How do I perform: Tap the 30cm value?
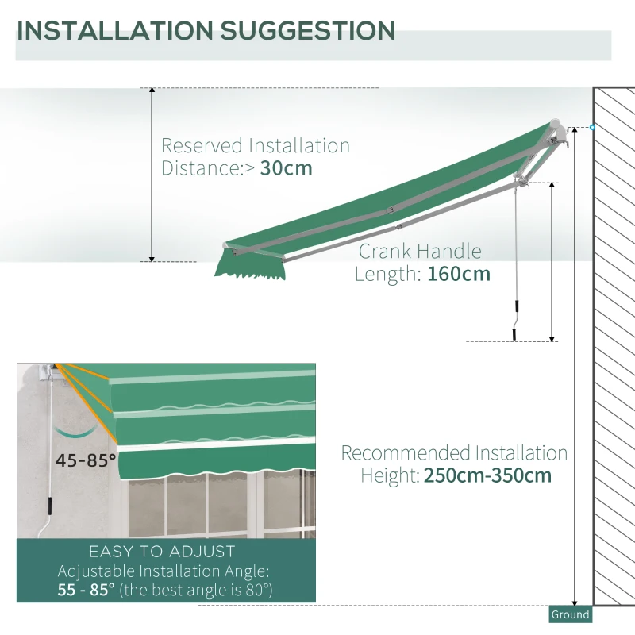point(287,168)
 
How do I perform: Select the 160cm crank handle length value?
point(459,275)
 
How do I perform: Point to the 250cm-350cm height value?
point(487,476)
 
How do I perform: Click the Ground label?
point(571,614)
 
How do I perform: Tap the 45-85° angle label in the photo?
point(86,459)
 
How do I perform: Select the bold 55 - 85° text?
point(86,590)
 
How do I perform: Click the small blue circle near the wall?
point(592,127)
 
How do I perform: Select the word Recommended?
point(406,453)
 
